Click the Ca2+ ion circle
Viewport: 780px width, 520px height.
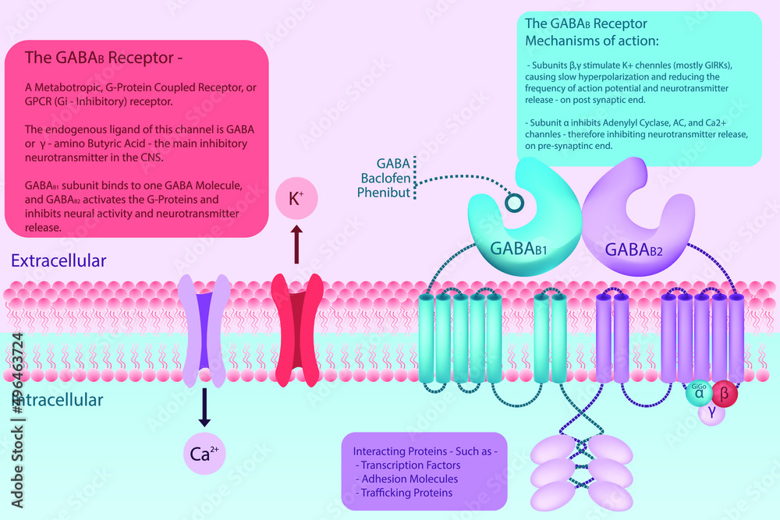[x=204, y=454]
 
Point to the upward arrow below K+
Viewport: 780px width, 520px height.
[x=296, y=246]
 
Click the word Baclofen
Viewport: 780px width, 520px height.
[x=385, y=178]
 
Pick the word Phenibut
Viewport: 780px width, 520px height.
[x=384, y=193]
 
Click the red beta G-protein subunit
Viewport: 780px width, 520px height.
[x=724, y=394]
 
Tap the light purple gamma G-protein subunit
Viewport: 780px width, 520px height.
[x=711, y=413]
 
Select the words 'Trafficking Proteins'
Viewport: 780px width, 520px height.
[x=406, y=493]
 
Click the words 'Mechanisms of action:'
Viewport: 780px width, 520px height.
[x=594, y=40]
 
